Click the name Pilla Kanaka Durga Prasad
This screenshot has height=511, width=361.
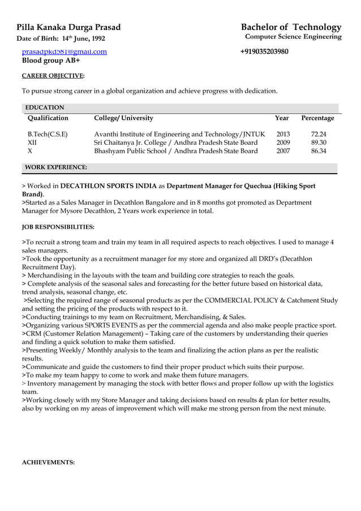tap(68, 27)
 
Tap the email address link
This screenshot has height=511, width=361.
tap(64, 51)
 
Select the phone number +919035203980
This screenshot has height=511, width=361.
tap(264, 51)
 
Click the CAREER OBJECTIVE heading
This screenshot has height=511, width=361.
tap(53, 75)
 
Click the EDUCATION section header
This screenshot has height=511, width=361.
tap(45, 108)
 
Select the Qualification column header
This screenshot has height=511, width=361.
tap(48, 118)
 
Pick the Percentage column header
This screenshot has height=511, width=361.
tap(317, 118)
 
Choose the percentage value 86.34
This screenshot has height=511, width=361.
tap(319, 151)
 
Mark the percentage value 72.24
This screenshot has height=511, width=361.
tap(319, 134)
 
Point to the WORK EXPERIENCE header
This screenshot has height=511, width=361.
tap(57, 168)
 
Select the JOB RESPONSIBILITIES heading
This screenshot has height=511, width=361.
tap(58, 227)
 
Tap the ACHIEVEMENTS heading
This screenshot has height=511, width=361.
tap(48, 462)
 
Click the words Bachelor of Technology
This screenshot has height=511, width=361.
tap(291, 27)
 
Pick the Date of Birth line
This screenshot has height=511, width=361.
tap(61, 38)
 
